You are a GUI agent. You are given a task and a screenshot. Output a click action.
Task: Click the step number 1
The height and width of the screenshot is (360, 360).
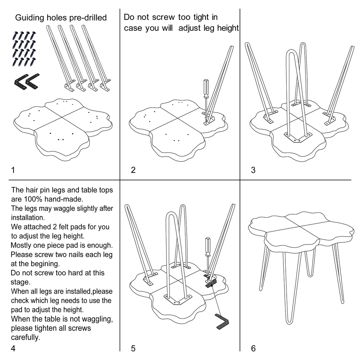coord(13,170)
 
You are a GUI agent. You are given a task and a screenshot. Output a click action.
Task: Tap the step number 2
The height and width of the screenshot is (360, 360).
coord(133,170)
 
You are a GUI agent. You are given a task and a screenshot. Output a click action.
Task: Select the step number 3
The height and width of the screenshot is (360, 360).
coord(253,170)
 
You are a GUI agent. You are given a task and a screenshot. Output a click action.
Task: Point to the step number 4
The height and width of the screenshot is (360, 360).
coord(13,349)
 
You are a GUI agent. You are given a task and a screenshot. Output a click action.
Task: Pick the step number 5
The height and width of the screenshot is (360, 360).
coord(133,349)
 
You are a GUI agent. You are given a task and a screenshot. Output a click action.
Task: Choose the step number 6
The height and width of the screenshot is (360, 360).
coord(253,349)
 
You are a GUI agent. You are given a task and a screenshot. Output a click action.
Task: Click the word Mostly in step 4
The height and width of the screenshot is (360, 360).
coord(22,245)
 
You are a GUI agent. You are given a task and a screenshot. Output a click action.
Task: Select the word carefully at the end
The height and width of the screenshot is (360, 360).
coord(26,337)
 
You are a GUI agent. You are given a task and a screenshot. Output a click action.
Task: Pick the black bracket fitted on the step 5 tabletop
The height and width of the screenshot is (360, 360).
coord(211,283)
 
